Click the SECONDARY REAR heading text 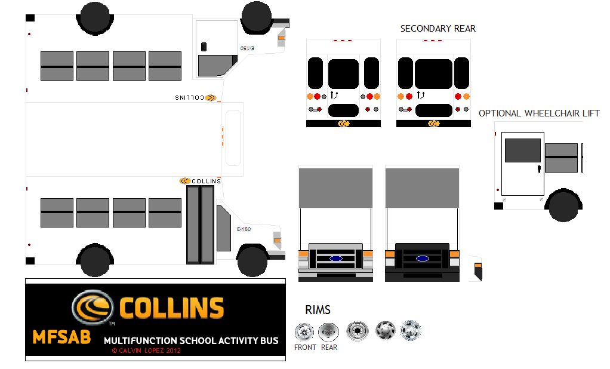pos(438,29)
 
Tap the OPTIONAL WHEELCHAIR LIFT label pos(538,113)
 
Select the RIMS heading pos(318,310)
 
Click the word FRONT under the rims pos(305,348)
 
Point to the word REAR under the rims pos(329,348)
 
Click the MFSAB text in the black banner pos(61,337)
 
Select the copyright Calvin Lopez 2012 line pos(146,350)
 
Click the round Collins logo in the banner pos(93,307)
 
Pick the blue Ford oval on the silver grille pos(335,259)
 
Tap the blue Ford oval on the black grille pos(423,259)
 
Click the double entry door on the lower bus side pos(200,225)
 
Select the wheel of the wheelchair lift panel pos(562,205)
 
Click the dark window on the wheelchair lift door pos(523,150)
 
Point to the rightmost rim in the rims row pos(411,330)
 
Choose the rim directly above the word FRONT pos(304,331)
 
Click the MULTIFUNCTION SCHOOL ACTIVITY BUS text pos(191,341)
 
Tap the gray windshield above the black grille pos(422,187)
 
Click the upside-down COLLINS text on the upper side pos(190,97)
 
